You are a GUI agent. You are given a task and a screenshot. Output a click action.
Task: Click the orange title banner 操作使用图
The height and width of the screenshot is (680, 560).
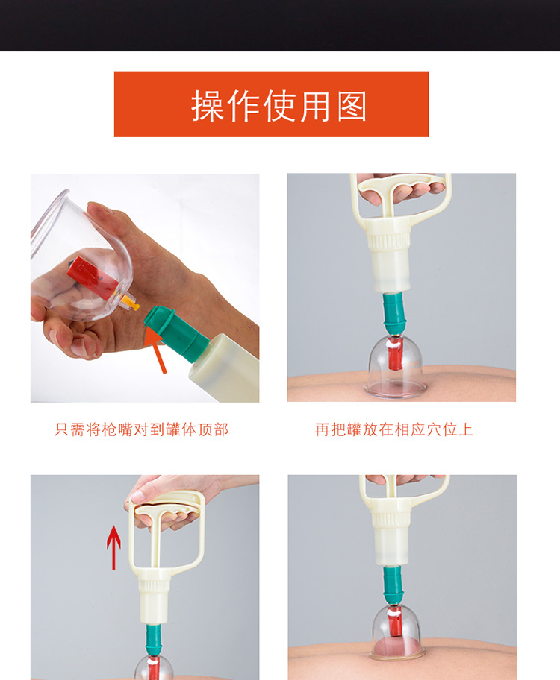pos(271,104)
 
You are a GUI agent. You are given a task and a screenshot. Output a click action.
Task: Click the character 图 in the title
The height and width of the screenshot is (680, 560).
pos(352,106)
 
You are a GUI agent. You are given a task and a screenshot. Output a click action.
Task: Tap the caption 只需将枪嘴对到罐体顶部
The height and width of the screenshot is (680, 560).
pos(142,429)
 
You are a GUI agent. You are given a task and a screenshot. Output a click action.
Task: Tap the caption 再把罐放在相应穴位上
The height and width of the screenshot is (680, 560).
pos(394,429)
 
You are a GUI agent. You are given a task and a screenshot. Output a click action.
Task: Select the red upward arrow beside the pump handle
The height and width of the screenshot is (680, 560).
pos(113,547)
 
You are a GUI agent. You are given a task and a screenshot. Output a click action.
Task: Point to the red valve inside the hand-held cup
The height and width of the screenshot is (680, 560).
pos(87,273)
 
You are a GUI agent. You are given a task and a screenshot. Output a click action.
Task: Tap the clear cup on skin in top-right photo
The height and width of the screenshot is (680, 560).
pos(393,366)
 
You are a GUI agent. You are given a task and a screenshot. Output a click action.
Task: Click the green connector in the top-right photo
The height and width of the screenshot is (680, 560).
pos(393,314)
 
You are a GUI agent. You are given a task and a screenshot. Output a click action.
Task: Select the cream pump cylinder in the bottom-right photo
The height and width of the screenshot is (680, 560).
pos(392,537)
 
